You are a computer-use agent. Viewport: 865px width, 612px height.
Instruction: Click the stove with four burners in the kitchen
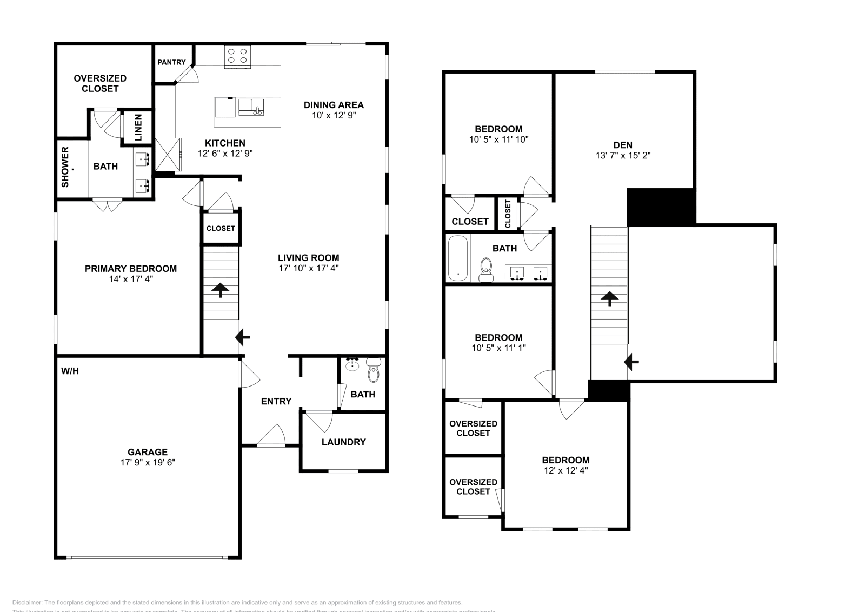[238, 56]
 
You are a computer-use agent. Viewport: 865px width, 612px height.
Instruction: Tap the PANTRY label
[171, 62]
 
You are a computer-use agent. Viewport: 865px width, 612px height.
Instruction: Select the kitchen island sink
[251, 107]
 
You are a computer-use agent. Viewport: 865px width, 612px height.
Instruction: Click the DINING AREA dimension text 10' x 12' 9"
[334, 115]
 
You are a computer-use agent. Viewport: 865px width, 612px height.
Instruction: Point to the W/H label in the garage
[70, 371]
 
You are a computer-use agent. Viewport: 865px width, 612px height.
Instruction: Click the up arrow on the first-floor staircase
[219, 290]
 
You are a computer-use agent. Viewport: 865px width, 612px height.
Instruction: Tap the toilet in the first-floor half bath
[373, 371]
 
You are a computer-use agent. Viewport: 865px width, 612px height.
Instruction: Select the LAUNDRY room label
[343, 442]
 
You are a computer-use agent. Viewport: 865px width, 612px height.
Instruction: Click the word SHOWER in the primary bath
[65, 167]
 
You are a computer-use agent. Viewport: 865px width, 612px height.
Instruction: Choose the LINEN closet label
[138, 128]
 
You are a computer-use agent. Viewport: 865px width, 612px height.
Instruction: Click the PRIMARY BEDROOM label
[131, 269]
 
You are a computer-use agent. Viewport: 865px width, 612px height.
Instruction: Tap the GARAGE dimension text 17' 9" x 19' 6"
[148, 462]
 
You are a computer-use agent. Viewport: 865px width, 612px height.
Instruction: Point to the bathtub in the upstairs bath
[458, 258]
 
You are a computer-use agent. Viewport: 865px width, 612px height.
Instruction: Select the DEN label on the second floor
[623, 145]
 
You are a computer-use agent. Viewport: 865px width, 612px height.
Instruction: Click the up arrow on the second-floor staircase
[609, 298]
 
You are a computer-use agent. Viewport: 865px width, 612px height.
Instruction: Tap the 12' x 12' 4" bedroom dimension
[565, 470]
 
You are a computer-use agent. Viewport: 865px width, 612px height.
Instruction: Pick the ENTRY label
[276, 401]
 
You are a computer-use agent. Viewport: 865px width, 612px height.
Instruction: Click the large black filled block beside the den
[661, 207]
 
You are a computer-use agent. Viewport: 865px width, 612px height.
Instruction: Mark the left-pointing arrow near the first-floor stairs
[243, 338]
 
